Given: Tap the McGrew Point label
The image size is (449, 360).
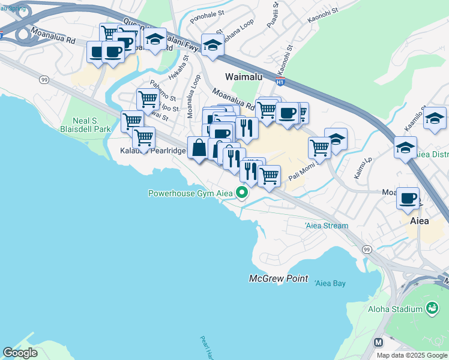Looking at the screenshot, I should (x=279, y=279).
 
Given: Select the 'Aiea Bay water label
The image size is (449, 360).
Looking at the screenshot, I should (x=330, y=283).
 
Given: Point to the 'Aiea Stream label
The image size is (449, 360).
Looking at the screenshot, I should (x=326, y=226).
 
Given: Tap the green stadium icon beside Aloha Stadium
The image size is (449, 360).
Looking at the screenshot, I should (x=431, y=308).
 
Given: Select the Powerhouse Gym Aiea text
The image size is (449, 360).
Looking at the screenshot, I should (x=190, y=193).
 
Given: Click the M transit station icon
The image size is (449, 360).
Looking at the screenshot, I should (x=379, y=343).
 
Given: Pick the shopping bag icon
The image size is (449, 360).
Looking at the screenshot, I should (x=199, y=146).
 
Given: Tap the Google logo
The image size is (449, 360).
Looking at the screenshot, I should (x=20, y=353).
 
